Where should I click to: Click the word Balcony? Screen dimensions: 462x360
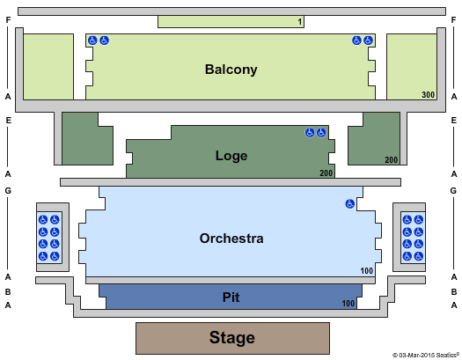pyautogui.click(x=231, y=70)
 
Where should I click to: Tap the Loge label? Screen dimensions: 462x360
pyautogui.click(x=231, y=156)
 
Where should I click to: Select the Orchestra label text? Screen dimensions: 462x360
pyautogui.click(x=231, y=239)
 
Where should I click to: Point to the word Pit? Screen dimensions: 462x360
pyautogui.click(x=231, y=297)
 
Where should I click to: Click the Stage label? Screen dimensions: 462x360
pyautogui.click(x=232, y=338)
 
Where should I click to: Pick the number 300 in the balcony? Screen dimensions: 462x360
pyautogui.click(x=428, y=94)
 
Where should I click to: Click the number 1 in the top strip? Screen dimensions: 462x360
pyautogui.click(x=300, y=21)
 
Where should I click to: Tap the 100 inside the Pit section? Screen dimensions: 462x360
pyautogui.click(x=348, y=303)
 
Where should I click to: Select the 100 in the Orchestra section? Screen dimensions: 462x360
pyautogui.click(x=367, y=270)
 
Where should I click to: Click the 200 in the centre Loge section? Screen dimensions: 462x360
pyautogui.click(x=326, y=173)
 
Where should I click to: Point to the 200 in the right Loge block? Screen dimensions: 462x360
pyautogui.click(x=392, y=160)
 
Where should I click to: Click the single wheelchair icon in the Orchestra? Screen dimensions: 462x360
pyautogui.click(x=349, y=203)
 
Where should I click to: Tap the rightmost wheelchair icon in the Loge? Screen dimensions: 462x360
pyautogui.click(x=321, y=133)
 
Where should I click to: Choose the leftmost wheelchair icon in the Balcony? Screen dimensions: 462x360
pyautogui.click(x=92, y=40)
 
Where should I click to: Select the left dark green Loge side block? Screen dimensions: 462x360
pyautogui.click(x=87, y=138)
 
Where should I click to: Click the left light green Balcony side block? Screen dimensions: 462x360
pyautogui.click(x=48, y=67)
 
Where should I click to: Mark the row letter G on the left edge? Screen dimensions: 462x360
pyautogui.click(x=8, y=191)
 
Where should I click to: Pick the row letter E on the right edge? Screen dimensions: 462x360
pyautogui.click(x=454, y=121)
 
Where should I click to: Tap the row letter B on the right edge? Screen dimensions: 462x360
pyautogui.click(x=454, y=291)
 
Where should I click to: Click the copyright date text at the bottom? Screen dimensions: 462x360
pyautogui.click(x=426, y=356)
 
